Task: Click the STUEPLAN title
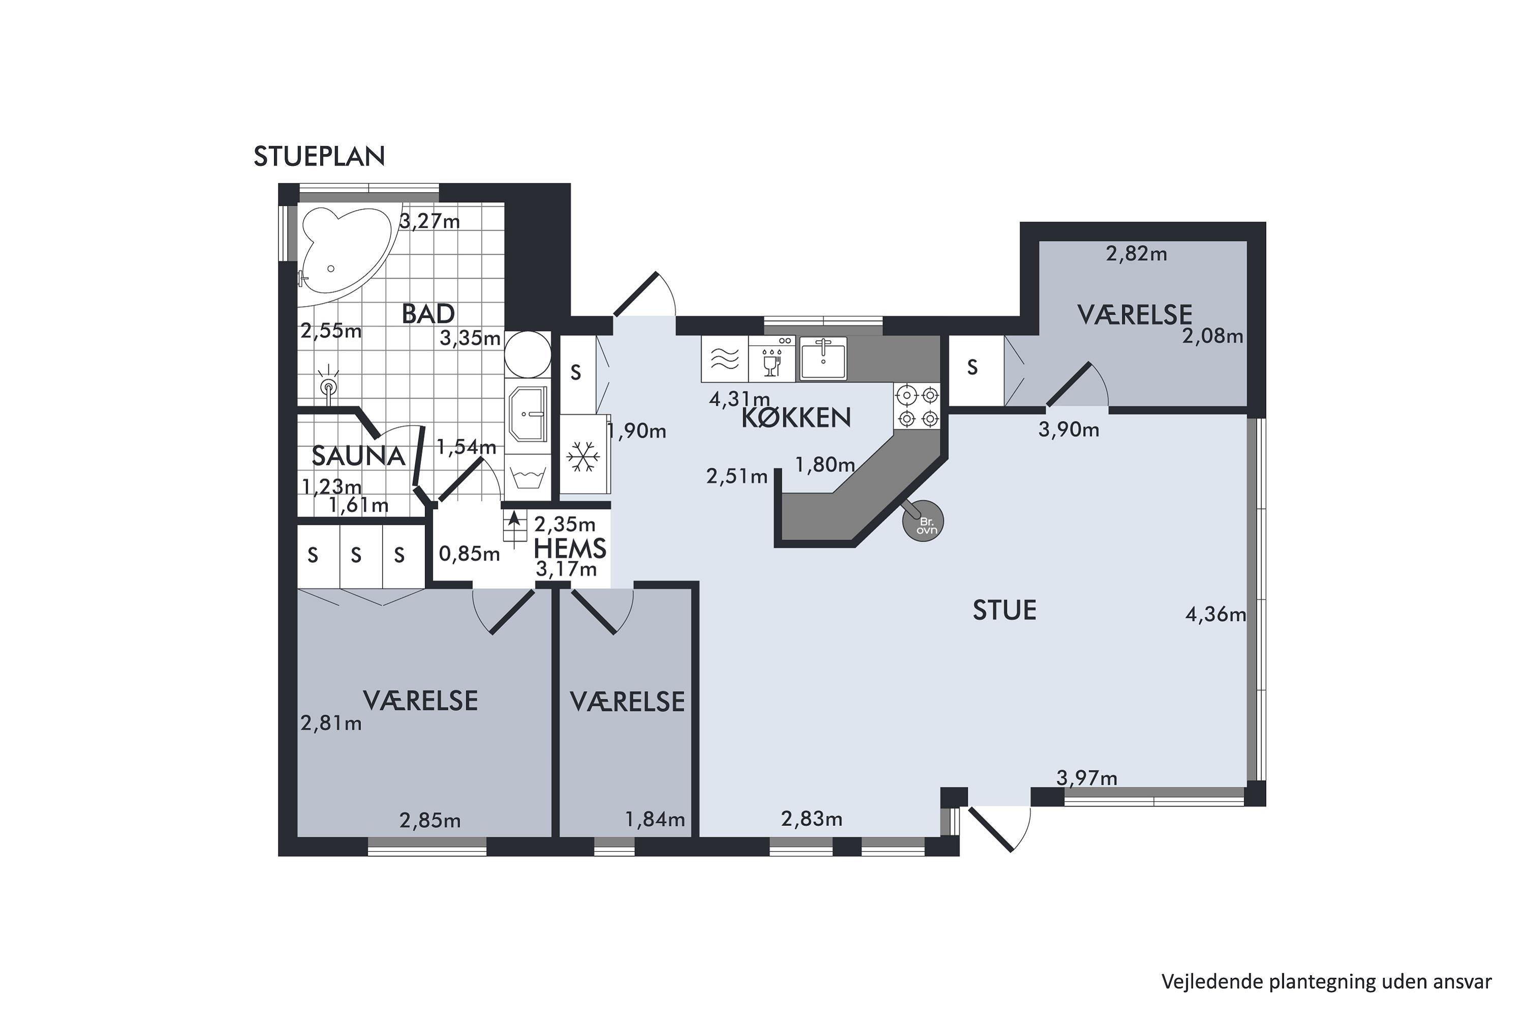pyautogui.click(x=319, y=156)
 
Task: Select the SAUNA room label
pyautogui.click(x=358, y=456)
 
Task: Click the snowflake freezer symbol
pyautogui.click(x=584, y=457)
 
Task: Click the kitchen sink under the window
pyautogui.click(x=823, y=358)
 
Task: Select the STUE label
pyautogui.click(x=1004, y=610)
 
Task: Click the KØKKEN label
pyautogui.click(x=796, y=417)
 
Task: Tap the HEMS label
pyautogui.click(x=570, y=549)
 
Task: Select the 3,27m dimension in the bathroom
pyautogui.click(x=429, y=222)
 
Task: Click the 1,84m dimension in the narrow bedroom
pyautogui.click(x=655, y=819)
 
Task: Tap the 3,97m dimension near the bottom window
pyautogui.click(x=1087, y=777)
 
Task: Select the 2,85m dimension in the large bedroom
pyautogui.click(x=430, y=821)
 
